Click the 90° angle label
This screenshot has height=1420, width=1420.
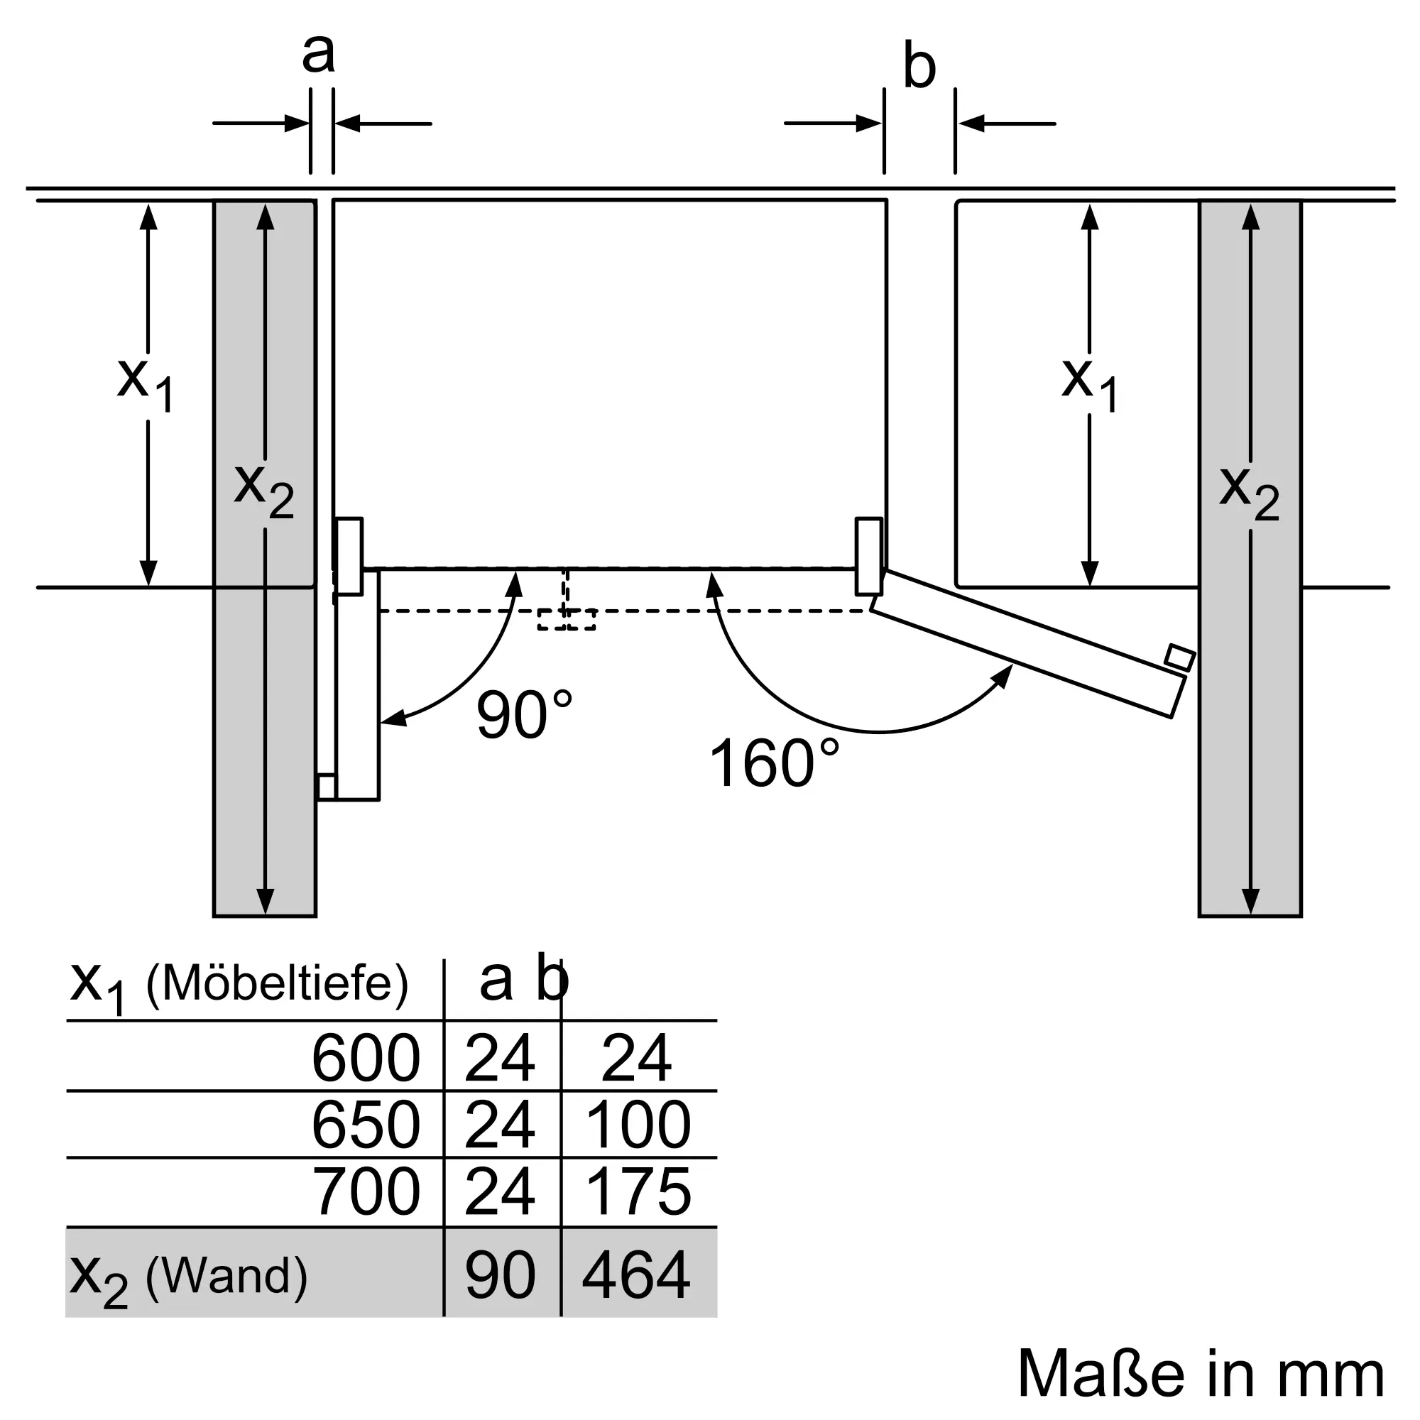point(524,714)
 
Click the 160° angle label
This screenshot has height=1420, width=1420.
point(773,764)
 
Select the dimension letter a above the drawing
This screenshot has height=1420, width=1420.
point(318,53)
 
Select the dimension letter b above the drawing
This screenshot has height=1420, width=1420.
point(919,67)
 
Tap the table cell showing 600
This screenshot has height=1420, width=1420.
point(366,1059)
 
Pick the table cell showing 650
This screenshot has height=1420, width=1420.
point(366,1125)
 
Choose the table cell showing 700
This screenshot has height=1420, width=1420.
point(366,1191)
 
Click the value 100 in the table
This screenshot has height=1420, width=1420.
point(638,1125)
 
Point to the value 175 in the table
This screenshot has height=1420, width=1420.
point(638,1191)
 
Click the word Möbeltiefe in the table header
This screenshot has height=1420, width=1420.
point(277,983)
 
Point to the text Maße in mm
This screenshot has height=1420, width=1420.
point(1201,1374)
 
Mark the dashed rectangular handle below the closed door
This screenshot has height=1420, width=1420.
point(566,619)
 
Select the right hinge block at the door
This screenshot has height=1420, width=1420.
point(869,557)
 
